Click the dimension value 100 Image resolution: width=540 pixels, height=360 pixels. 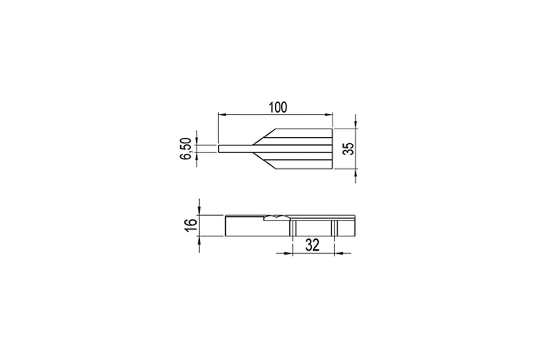278,108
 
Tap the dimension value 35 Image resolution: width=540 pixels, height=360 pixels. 348,149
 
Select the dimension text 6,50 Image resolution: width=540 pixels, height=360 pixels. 186,149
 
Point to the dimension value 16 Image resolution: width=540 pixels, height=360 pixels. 191,225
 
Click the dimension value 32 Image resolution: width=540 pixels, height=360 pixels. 313,245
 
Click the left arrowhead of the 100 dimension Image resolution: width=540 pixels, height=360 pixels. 222,115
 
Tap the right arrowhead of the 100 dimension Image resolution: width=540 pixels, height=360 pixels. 329,115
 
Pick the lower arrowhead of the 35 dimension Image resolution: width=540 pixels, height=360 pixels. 356,173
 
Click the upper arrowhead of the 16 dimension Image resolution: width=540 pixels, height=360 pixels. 199,211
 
